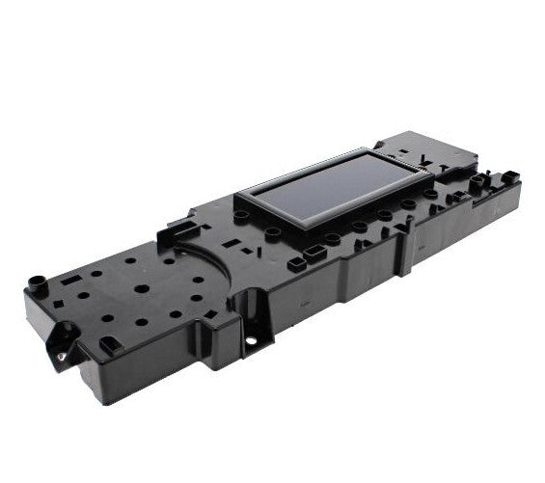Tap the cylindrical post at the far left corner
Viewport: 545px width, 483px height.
[x=37, y=283]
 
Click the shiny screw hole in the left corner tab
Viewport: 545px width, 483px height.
[x=61, y=356]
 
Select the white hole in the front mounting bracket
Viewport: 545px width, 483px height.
[x=252, y=340]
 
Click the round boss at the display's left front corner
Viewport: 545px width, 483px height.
[x=243, y=217]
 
